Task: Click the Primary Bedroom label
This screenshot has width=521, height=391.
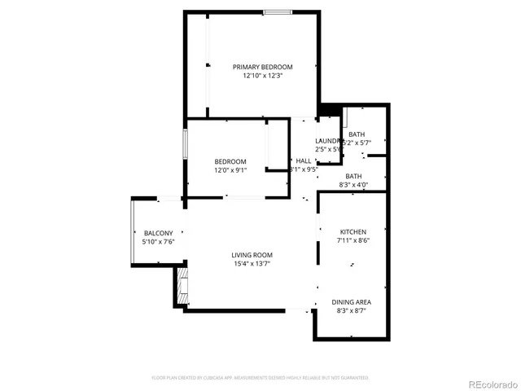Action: pos(262,67)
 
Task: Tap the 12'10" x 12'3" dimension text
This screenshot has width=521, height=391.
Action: pos(262,76)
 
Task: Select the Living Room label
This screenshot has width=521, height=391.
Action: pos(251,255)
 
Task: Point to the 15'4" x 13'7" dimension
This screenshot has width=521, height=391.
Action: pos(251,264)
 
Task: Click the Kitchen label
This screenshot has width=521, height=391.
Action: pos(352,232)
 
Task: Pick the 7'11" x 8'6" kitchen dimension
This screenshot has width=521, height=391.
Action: pos(352,241)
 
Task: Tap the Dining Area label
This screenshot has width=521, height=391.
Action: pos(352,302)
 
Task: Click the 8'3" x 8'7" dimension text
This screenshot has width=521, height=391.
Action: pos(352,311)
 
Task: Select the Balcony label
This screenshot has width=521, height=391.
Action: pos(158,234)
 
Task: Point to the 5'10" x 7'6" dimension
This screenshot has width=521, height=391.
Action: pos(158,243)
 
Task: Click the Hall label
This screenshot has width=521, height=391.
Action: pos(303,161)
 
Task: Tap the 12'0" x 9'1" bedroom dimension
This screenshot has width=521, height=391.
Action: pos(230,170)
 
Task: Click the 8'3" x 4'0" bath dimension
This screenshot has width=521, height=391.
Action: pos(353,186)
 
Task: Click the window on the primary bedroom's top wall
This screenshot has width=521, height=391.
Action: pos(277,11)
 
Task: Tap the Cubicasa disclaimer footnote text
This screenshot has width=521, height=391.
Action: pos(260,378)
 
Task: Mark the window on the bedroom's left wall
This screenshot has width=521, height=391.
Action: pos(185,145)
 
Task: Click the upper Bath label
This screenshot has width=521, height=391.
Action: pos(357,135)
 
